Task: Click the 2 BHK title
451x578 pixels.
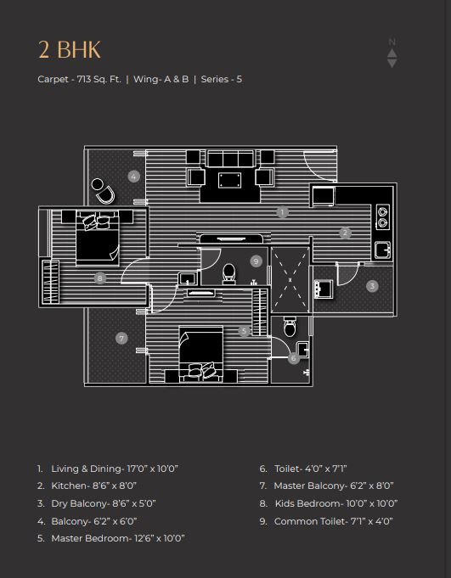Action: click(x=70, y=50)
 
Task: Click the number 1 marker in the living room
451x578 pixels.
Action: click(x=282, y=212)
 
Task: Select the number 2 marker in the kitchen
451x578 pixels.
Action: click(x=345, y=233)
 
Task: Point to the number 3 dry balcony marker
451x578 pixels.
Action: click(x=372, y=286)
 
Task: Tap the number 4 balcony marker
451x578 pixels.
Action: click(x=134, y=177)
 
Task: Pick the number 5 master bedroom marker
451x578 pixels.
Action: click(x=244, y=331)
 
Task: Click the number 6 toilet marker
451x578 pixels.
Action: click(x=294, y=357)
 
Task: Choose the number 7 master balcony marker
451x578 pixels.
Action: click(x=121, y=338)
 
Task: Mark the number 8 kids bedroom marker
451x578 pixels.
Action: click(x=100, y=278)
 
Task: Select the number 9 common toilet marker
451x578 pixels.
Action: click(x=256, y=261)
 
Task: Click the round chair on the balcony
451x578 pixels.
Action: click(x=103, y=191)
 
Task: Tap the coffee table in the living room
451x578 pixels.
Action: click(x=229, y=180)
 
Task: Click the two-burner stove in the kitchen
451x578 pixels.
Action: click(x=382, y=216)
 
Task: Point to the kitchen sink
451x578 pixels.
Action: click(x=383, y=250)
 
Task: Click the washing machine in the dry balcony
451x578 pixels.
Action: click(x=324, y=289)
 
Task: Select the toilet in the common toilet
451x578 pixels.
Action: click(x=229, y=273)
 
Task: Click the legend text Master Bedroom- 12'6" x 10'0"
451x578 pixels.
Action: click(x=118, y=538)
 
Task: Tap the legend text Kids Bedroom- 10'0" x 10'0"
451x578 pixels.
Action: click(x=336, y=503)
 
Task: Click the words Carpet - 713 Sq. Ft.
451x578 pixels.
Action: click(x=79, y=79)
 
